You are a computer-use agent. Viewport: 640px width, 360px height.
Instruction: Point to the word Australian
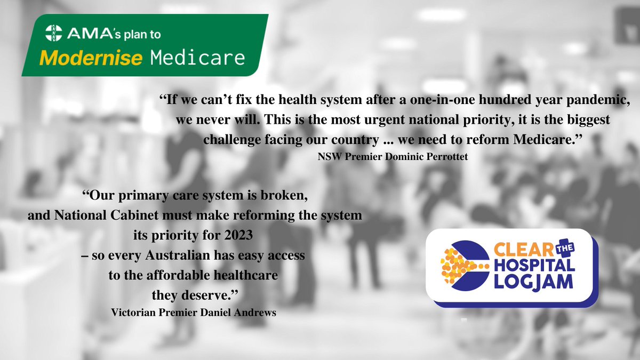pyautogui.click(x=194, y=255)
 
